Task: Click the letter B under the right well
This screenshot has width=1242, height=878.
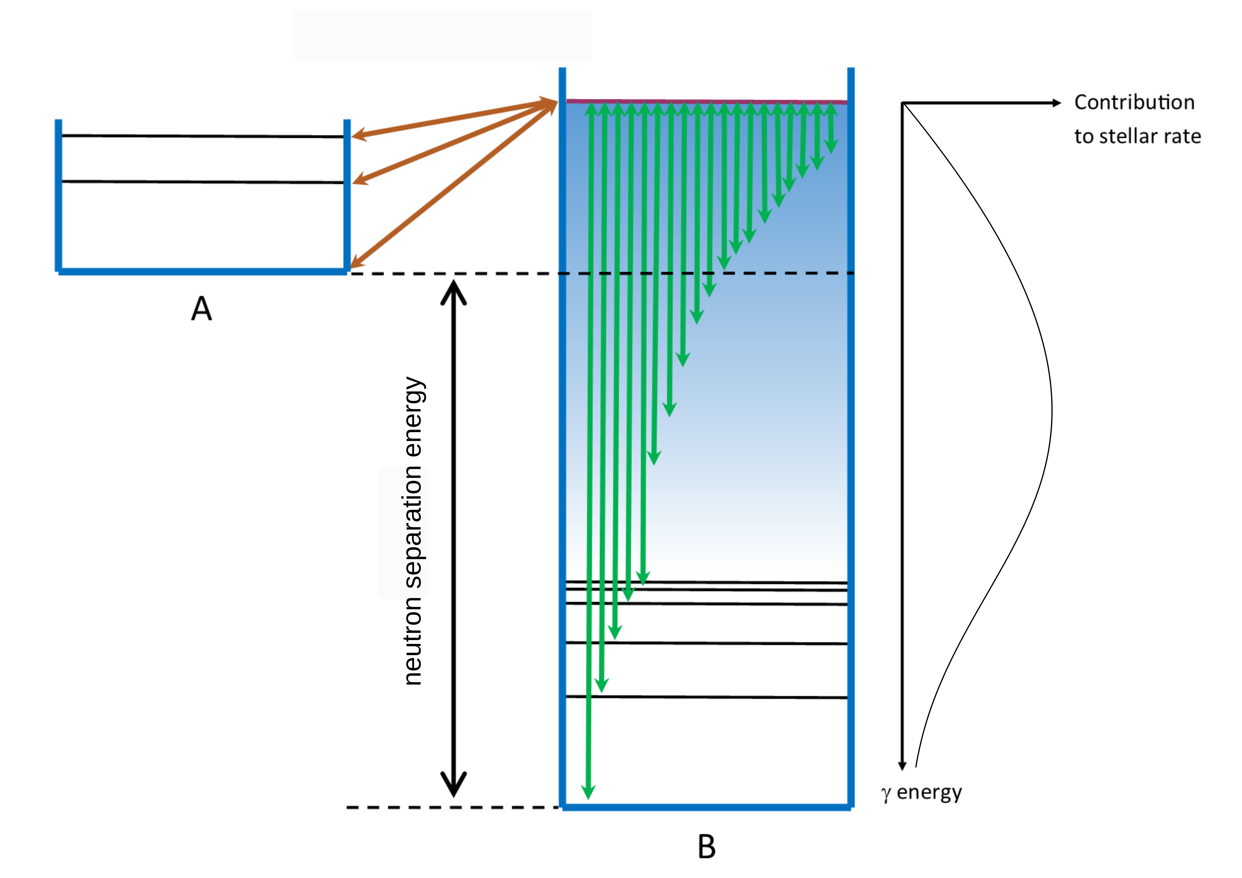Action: (707, 847)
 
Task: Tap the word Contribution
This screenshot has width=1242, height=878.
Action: (1134, 102)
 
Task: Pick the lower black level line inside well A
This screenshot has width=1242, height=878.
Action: (203, 182)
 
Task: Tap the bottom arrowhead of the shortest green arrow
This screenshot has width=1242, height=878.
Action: (831, 146)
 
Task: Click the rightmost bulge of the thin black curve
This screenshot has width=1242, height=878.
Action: (1052, 411)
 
